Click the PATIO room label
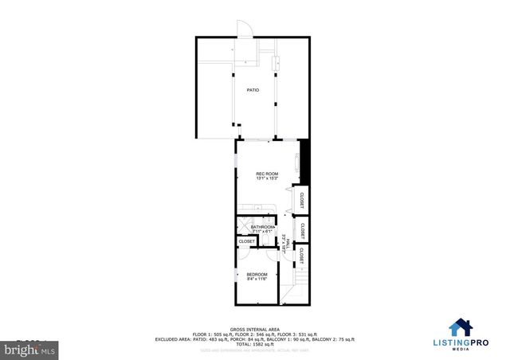tap(253, 90)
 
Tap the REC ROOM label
tap(267, 174)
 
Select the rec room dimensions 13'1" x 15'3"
tap(267, 179)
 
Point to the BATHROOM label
tap(262, 227)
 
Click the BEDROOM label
tap(257, 273)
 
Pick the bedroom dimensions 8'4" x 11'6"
tap(257, 279)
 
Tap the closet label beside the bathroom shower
tap(247, 241)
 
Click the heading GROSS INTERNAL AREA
tap(254, 327)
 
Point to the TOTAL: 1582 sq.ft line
tap(254, 343)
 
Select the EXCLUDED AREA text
tap(174, 338)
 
